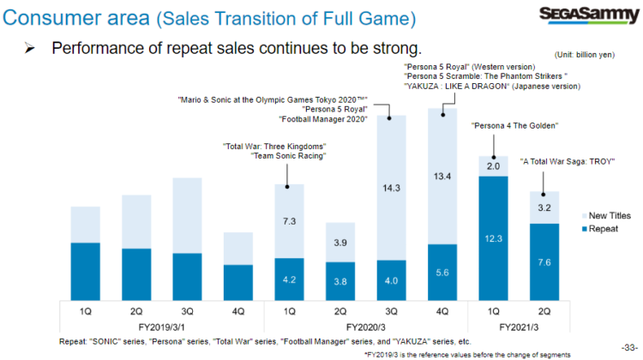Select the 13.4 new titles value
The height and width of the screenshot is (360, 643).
442,177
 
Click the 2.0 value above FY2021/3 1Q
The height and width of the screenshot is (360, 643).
492,166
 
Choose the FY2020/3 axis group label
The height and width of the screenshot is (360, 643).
365,327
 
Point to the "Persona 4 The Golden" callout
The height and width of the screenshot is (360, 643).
515,126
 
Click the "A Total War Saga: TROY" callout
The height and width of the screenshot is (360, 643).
567,161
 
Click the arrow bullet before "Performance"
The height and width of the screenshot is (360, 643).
29,47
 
